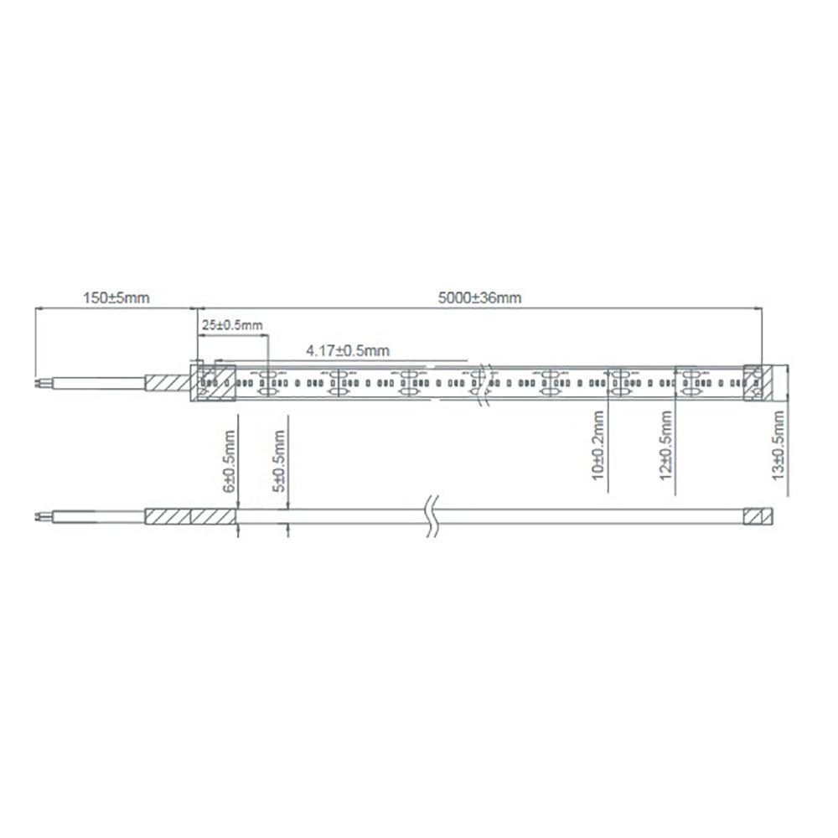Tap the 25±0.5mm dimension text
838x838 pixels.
(x=231, y=324)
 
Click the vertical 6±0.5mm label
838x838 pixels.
(x=229, y=460)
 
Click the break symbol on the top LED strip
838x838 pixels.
(x=480, y=383)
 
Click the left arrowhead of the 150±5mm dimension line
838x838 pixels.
(x=38, y=308)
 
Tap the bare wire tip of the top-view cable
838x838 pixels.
(x=40, y=383)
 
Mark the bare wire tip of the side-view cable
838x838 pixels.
(x=40, y=516)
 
